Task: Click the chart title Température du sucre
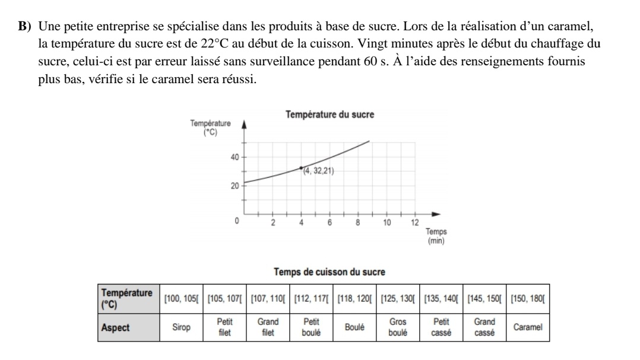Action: (x=329, y=114)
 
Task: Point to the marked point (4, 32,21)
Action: (x=301, y=168)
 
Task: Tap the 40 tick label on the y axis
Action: (x=235, y=157)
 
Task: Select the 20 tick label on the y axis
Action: (x=235, y=186)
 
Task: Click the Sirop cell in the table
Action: (x=181, y=328)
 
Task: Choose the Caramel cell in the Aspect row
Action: (x=527, y=328)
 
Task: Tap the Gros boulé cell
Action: (x=397, y=328)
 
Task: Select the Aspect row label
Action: (x=116, y=328)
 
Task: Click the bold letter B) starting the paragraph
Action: (x=24, y=27)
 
